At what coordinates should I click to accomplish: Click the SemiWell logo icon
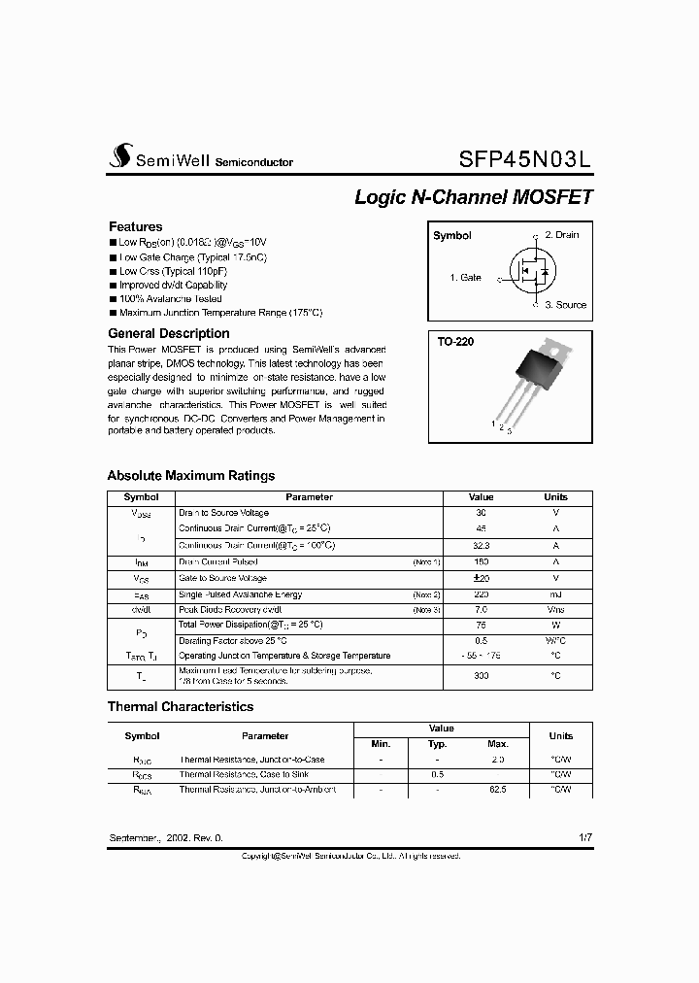pos(119,156)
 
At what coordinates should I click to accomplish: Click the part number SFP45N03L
pos(524,157)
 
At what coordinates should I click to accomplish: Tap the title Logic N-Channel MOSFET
pos(473,197)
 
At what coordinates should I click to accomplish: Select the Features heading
pos(135,226)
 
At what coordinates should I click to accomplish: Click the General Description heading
pos(168,333)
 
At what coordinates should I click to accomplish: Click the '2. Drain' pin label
pos(561,235)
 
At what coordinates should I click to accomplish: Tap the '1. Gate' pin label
pos(465,278)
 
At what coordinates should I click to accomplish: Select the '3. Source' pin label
pos(565,305)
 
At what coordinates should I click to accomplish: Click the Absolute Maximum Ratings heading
pos(190,476)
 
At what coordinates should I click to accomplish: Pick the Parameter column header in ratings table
pos(309,496)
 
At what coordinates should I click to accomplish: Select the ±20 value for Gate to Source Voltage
pos(481,578)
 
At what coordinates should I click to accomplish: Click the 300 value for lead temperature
pos(481,675)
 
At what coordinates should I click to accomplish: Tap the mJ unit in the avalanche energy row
pos(555,594)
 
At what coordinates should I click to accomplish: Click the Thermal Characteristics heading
pos(180,707)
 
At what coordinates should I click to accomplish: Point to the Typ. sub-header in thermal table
pos(438,744)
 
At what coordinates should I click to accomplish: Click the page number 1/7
pos(582,837)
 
